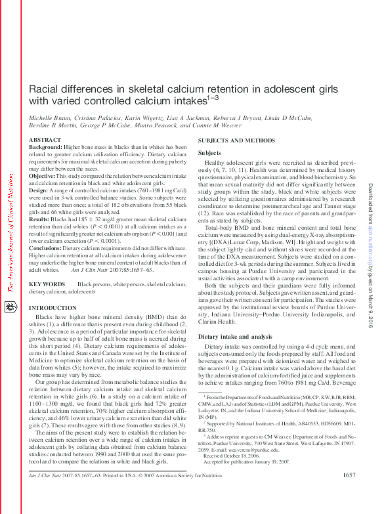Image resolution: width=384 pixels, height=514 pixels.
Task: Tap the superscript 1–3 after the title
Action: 212,98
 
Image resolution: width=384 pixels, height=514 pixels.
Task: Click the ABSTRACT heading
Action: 46,140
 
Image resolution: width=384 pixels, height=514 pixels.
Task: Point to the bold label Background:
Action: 46,148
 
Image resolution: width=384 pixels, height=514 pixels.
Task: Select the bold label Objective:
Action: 43,177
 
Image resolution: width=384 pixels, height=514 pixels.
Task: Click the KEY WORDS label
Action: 47,284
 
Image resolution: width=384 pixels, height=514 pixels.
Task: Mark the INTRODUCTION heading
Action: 53,308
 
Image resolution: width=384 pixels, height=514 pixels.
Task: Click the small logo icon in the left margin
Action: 9,307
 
